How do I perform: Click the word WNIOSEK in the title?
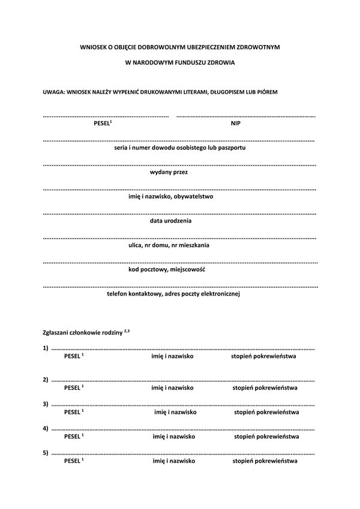tap(93, 46)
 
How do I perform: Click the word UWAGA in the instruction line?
tap(52, 92)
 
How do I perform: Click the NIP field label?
tap(236, 123)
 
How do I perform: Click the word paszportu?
tap(230, 147)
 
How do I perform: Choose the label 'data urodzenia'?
tap(171, 221)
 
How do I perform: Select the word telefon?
tap(118, 294)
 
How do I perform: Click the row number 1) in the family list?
tap(46, 348)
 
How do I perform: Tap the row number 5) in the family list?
tap(46, 453)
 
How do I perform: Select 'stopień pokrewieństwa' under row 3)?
tap(266, 412)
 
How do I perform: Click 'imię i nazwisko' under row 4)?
tap(174, 437)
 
